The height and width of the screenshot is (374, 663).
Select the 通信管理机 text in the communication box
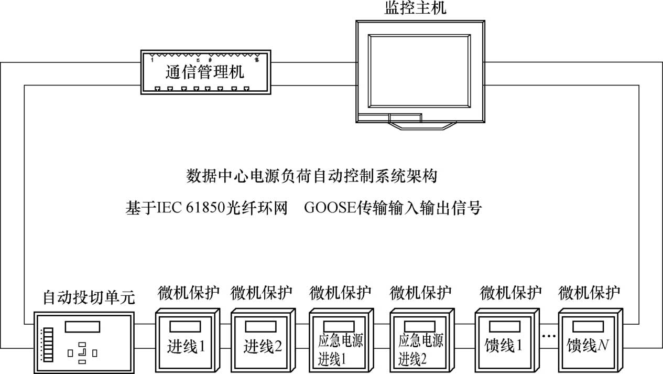205,72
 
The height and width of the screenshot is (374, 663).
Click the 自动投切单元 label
89,298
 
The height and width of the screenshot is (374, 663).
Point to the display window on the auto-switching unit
82,326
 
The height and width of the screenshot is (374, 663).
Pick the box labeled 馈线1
504,341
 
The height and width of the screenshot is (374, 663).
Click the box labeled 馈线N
588,341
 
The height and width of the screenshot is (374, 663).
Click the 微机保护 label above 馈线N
590,292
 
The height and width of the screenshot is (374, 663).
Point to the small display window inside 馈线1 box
504,327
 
